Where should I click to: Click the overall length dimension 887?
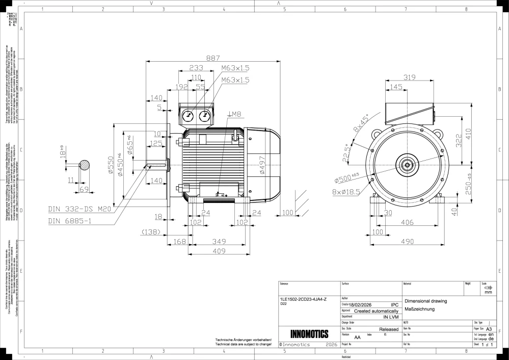pyautogui.click(x=210, y=59)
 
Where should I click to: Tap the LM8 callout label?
pyautogui.click(x=234, y=114)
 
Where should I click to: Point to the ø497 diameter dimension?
pyautogui.click(x=262, y=165)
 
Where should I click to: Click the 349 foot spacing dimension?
pyautogui.click(x=219, y=241)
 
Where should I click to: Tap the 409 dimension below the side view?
pyautogui.click(x=219, y=250)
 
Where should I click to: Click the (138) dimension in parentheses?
pyautogui.click(x=152, y=232)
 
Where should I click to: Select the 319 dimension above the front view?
pyautogui.click(x=410, y=77)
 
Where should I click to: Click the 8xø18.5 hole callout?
pyautogui.click(x=346, y=191)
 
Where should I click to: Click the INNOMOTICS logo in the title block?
pyautogui.click(x=309, y=334)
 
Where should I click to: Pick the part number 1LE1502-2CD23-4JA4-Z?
pyautogui.click(x=304, y=299)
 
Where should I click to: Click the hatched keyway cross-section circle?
pyautogui.click(x=84, y=165)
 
